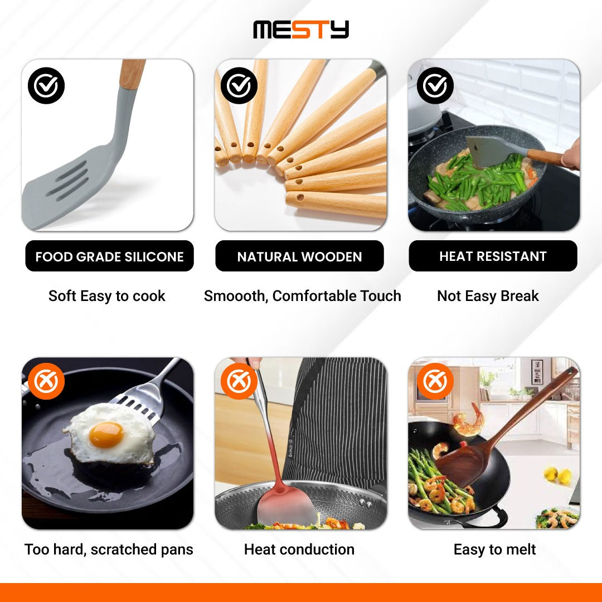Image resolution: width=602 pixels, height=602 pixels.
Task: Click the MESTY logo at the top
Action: click(301, 30)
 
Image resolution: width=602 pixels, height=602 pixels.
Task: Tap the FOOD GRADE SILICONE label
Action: click(109, 256)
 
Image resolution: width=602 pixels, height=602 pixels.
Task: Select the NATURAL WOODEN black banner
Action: click(299, 256)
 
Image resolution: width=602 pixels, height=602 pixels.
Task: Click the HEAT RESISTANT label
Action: click(493, 256)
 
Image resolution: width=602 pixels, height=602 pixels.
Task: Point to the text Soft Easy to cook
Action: click(106, 296)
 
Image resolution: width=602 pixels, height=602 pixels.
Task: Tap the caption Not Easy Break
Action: click(488, 296)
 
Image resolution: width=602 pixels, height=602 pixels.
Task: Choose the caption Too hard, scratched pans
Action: click(109, 550)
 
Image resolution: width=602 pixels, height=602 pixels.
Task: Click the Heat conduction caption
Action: click(299, 550)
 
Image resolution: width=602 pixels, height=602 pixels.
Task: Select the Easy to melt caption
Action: click(494, 550)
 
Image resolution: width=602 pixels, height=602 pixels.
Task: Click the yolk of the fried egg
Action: click(106, 435)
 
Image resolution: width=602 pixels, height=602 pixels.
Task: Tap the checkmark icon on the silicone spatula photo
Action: click(46, 86)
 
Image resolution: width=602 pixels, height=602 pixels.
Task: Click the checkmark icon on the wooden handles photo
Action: click(239, 86)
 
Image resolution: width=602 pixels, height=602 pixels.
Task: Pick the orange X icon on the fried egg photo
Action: click(46, 381)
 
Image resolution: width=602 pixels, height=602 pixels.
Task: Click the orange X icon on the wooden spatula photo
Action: click(435, 381)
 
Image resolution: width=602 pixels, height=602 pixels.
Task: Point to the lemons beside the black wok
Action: click(558, 475)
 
